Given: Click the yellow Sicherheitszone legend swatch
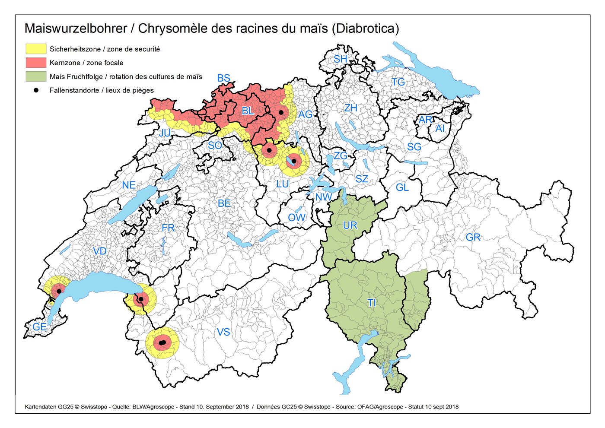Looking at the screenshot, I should point(36,49).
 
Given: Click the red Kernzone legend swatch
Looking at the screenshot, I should point(36,63).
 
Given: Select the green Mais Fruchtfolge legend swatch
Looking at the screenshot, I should point(36,76).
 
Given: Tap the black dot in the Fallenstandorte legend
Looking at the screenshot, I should point(36,90).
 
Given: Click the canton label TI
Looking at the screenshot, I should point(372,303).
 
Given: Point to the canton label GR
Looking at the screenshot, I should point(473,237).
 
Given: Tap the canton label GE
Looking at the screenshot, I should point(39,327).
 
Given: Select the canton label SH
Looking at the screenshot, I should point(340,59).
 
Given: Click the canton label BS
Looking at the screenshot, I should point(223,78).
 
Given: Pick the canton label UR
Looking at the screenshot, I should point(350,225).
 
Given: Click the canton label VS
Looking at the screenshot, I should point(223,332).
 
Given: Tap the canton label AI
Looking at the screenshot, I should point(439,128).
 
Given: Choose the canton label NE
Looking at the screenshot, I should point(129,185).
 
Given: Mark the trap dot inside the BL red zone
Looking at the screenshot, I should point(281,112).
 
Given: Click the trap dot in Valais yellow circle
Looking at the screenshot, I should point(162,343).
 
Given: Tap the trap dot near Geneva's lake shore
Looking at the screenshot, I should point(59,292).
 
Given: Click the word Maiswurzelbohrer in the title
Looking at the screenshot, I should point(76,29).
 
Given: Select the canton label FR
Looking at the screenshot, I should point(168,228).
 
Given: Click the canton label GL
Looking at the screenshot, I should point(402,187).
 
